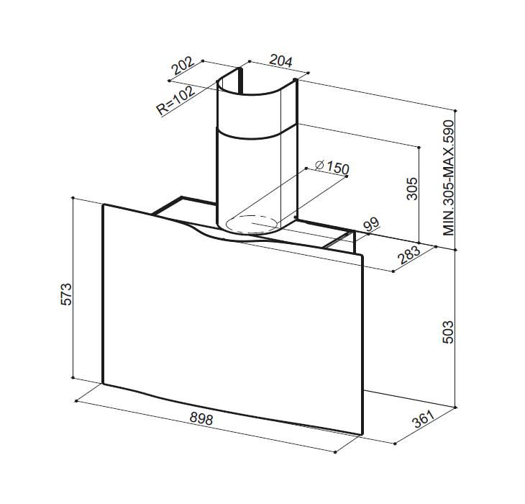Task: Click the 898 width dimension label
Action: point(201,418)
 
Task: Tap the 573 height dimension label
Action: point(66,294)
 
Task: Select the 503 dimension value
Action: point(447,332)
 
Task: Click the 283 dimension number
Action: point(408,255)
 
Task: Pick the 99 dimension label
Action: point(371,225)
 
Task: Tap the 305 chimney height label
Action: point(412,189)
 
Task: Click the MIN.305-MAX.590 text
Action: point(448,178)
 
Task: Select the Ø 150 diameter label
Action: point(332,167)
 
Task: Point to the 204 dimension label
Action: point(280,60)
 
